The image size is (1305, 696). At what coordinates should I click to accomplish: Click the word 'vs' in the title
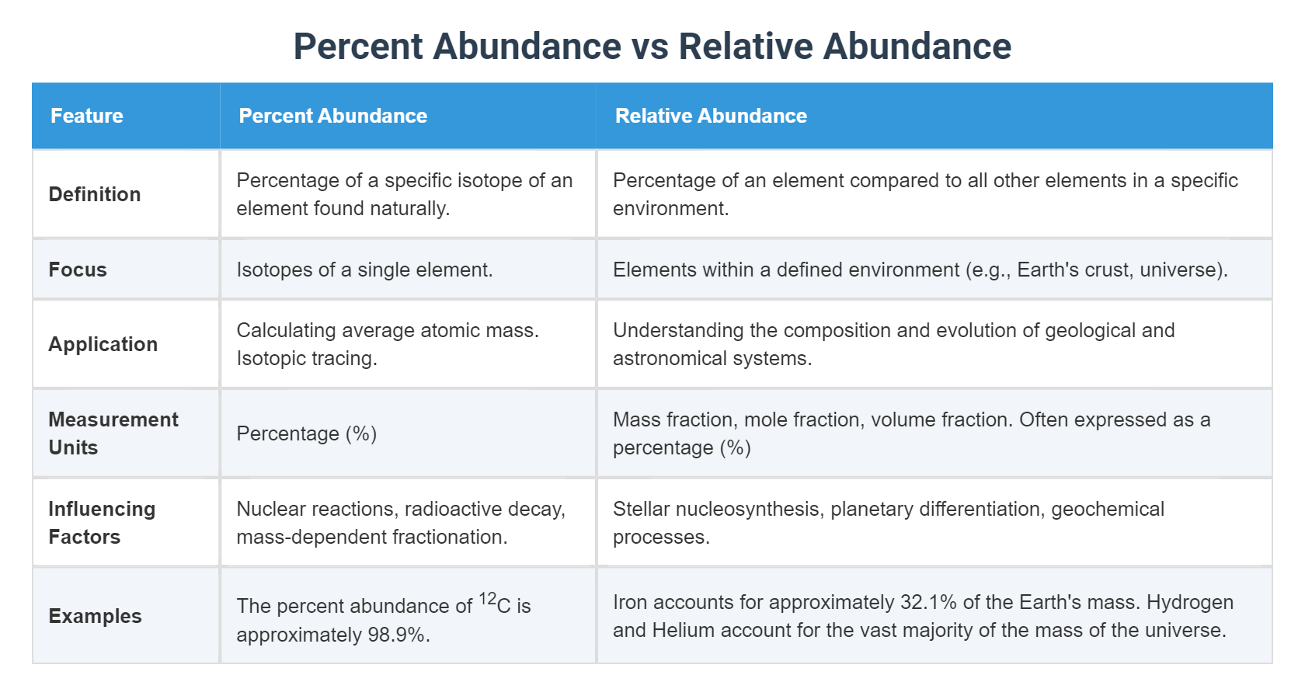click(649, 47)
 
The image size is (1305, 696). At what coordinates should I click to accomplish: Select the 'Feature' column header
click(87, 116)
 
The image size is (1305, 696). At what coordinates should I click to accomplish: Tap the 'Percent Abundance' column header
click(332, 116)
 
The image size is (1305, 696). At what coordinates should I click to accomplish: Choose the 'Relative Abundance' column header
click(711, 116)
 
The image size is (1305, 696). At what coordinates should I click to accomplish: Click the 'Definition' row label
click(95, 194)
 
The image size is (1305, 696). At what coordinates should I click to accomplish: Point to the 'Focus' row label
click(78, 270)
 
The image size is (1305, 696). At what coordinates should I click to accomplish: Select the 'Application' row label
click(103, 344)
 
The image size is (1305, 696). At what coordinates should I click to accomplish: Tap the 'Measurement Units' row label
click(113, 433)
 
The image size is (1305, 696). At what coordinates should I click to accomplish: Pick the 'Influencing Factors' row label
click(102, 523)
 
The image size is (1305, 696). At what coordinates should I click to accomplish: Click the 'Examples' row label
click(95, 616)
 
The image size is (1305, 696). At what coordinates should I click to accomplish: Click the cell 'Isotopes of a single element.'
click(364, 270)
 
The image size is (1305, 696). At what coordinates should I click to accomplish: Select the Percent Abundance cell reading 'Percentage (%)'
click(306, 433)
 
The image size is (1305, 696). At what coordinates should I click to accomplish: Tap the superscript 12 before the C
click(487, 599)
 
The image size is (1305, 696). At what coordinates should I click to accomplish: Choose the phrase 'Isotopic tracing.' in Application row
click(306, 358)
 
